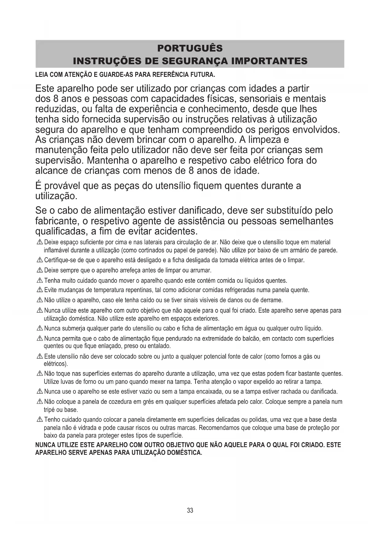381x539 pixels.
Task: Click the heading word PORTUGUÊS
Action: (x=190, y=48)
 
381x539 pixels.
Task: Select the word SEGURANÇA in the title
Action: (x=195, y=61)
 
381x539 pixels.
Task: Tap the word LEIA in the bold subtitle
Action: (x=42, y=75)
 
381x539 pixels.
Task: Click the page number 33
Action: (x=190, y=510)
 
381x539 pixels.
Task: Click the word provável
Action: (x=62, y=186)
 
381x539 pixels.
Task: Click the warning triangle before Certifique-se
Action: (x=40, y=261)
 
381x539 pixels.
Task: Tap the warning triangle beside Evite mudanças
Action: (x=40, y=290)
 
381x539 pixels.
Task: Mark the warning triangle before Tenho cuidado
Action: (x=40, y=420)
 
